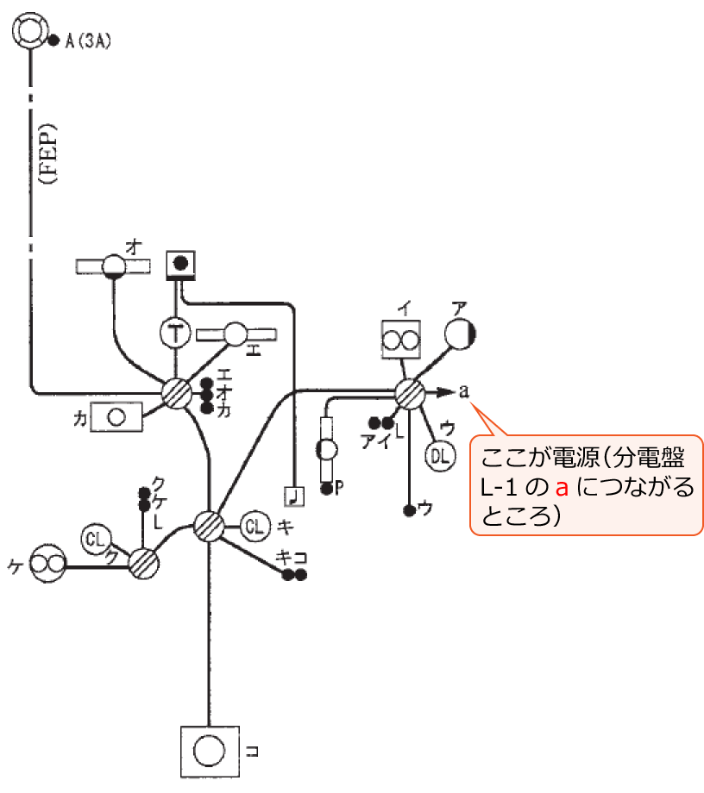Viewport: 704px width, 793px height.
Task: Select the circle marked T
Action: pyautogui.click(x=176, y=333)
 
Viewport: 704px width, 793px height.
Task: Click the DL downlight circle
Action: pyautogui.click(x=439, y=456)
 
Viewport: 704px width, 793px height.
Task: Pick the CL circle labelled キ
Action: pyautogui.click(x=255, y=525)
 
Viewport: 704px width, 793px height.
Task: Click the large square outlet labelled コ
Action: pyautogui.click(x=208, y=751)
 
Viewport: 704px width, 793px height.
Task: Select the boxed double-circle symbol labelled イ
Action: pyautogui.click(x=401, y=340)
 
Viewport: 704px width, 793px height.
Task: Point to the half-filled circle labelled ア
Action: pyautogui.click(x=462, y=334)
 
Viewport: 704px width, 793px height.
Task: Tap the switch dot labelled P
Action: pyautogui.click(x=327, y=489)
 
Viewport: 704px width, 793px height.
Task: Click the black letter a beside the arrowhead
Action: pyautogui.click(x=464, y=392)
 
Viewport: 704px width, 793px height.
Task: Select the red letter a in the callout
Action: pyautogui.click(x=562, y=489)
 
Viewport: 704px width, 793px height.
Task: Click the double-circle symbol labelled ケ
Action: pyautogui.click(x=47, y=565)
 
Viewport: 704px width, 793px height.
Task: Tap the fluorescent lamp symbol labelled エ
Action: pyautogui.click(x=236, y=334)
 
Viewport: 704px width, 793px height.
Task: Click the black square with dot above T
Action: pyautogui.click(x=180, y=264)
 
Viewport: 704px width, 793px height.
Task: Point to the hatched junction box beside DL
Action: pyautogui.click(x=409, y=394)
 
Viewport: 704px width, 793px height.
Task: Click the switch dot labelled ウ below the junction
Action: pyautogui.click(x=409, y=510)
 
